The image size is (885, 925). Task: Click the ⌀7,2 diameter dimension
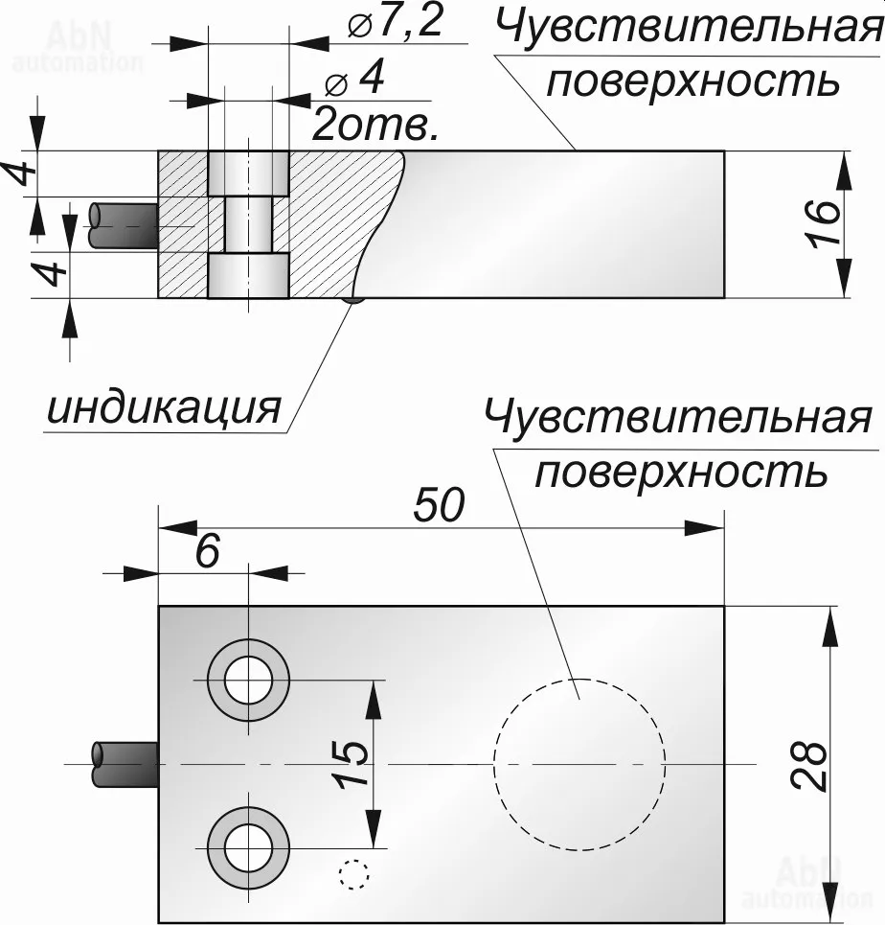coord(395,23)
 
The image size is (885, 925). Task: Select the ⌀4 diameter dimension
coord(354,81)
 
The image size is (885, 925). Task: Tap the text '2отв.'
coord(375,125)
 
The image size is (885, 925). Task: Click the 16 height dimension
coord(826,224)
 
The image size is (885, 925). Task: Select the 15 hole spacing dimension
coord(352,764)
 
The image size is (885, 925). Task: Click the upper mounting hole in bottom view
coord(248,680)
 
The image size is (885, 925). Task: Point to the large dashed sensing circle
coord(579,764)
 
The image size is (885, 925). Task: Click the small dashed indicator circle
coord(352,873)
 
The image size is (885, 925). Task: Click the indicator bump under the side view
coord(353,301)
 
